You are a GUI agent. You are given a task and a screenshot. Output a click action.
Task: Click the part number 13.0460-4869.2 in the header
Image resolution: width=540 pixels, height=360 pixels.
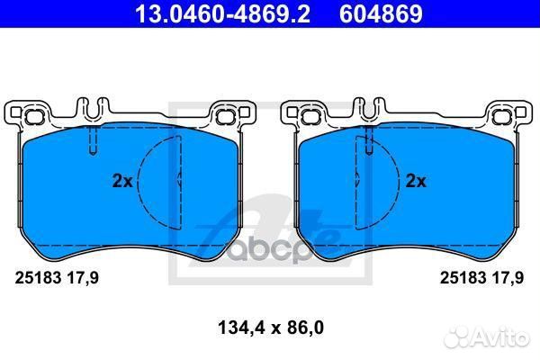(x=222, y=13)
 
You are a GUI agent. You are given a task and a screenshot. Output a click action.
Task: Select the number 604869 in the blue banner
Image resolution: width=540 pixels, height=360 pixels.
(x=381, y=13)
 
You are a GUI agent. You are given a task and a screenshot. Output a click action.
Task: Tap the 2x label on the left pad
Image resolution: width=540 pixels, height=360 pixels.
(x=122, y=181)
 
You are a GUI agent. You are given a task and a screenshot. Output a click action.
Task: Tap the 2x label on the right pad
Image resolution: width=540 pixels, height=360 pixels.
(x=416, y=181)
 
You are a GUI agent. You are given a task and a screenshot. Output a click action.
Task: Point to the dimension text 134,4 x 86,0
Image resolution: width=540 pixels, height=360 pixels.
(x=271, y=328)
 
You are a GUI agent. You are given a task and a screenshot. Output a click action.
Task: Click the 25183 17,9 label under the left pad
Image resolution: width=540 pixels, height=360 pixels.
(x=57, y=278)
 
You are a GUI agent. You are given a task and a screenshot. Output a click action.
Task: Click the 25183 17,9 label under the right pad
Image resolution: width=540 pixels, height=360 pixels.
(x=481, y=278)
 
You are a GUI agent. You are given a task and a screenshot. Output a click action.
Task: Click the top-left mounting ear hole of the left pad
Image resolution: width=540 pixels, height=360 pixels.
(x=33, y=117)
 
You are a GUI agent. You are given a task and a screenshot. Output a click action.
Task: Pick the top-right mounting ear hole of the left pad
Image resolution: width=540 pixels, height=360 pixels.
(x=224, y=117)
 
